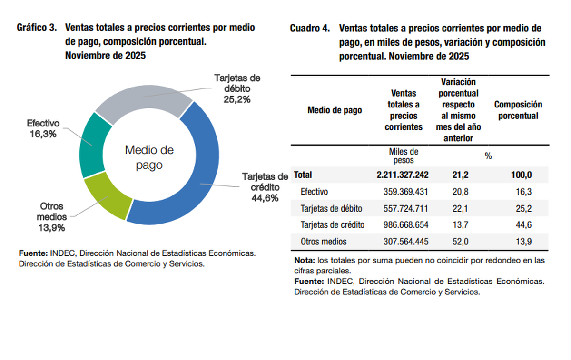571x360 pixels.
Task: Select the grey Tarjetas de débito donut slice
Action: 143,97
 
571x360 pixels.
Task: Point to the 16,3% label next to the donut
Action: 42,134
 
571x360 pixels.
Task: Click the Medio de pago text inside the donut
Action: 149,158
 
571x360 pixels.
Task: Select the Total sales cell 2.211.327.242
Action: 403,175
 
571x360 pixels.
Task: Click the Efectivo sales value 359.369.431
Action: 405,192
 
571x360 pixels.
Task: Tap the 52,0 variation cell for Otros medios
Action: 460,242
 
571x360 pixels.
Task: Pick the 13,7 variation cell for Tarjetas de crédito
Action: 460,225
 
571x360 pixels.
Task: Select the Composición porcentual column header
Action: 518,110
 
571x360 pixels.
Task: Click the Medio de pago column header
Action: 335,110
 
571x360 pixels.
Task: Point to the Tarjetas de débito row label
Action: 331,208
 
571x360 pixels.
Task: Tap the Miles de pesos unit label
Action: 404,156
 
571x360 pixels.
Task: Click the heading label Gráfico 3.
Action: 37,28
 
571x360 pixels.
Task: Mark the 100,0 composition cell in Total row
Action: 522,175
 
